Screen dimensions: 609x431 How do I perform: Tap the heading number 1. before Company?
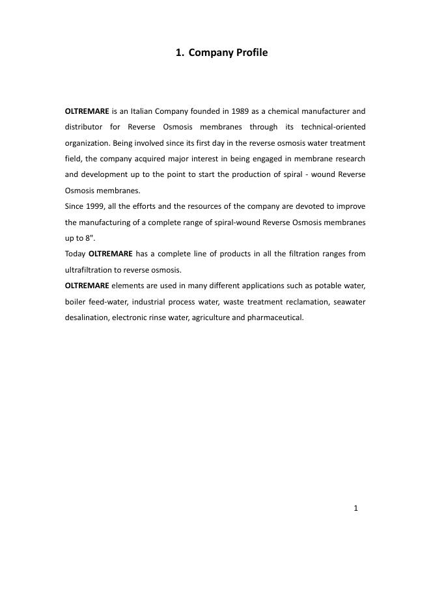coord(180,52)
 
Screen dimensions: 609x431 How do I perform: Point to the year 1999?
coord(96,206)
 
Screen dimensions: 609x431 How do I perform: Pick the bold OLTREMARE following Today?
coord(110,254)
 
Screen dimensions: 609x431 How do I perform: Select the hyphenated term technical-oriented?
coord(333,127)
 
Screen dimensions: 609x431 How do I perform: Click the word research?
coord(349,159)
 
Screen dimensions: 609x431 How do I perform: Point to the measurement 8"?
coord(90,238)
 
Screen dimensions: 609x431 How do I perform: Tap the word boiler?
coord(76,302)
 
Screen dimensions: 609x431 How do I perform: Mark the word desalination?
coord(87,318)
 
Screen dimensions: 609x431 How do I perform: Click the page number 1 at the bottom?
coord(355,508)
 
